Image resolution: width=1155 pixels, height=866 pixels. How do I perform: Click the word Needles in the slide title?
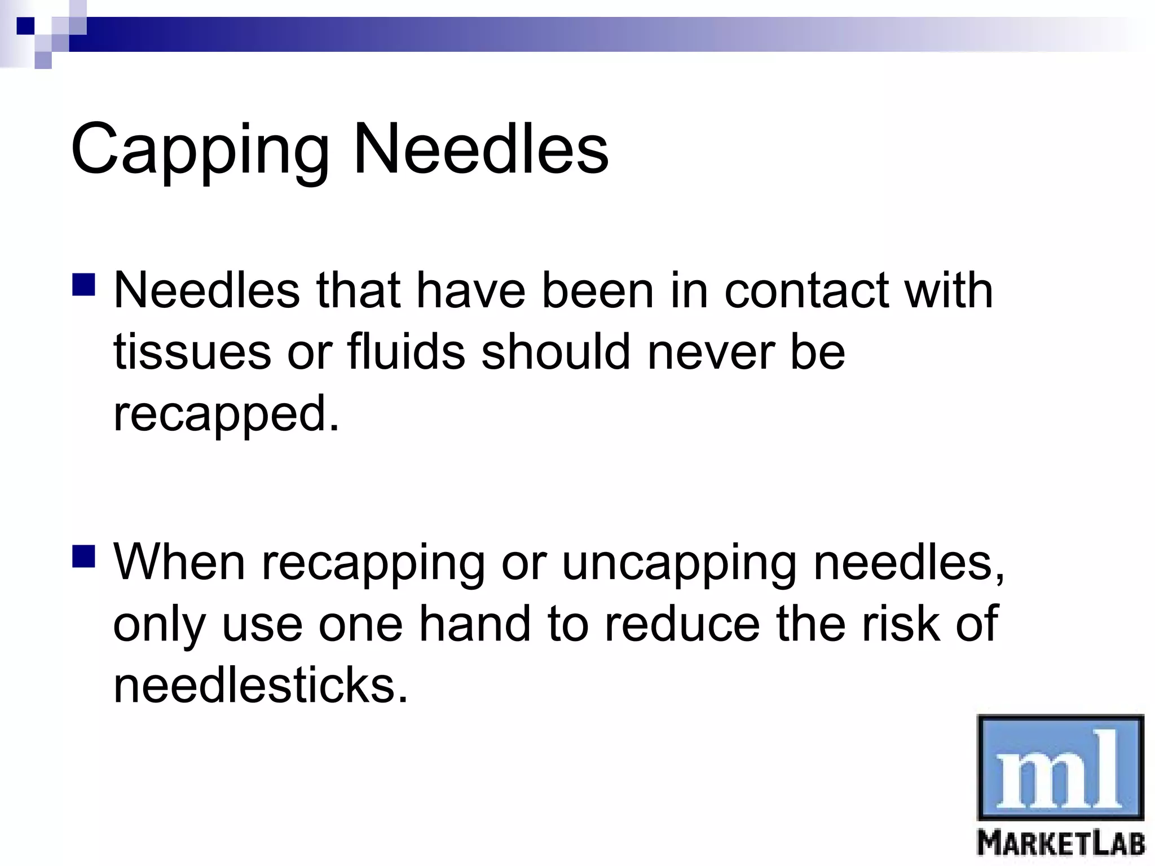pos(480,149)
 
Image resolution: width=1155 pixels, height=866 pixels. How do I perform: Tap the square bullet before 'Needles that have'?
pos(83,285)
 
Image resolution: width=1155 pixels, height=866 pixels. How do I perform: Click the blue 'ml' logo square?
pos(1060,767)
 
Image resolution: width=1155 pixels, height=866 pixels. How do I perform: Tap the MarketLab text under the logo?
pos(1061,844)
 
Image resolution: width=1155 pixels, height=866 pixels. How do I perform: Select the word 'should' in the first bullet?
pos(556,352)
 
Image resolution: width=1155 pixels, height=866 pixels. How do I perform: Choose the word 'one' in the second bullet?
pos(360,625)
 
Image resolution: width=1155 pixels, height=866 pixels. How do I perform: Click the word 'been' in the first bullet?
pos(597,291)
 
